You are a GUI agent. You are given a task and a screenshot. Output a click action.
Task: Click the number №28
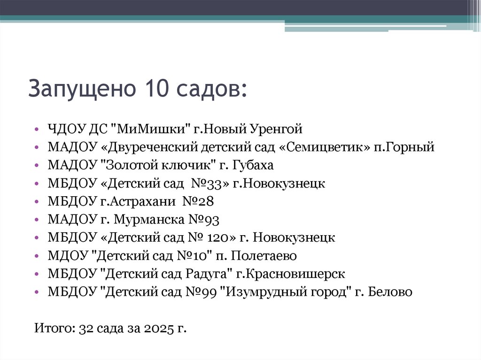tap(197, 201)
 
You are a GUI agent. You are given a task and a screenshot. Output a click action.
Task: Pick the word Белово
tap(390, 292)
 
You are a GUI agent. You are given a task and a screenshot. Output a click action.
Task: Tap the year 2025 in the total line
tap(159, 328)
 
